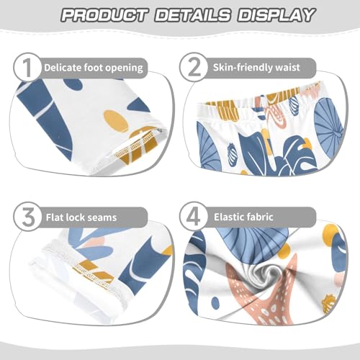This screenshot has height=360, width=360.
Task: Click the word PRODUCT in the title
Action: pyautogui.click(x=105, y=15)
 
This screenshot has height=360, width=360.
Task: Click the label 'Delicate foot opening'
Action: pyautogui.click(x=94, y=68)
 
